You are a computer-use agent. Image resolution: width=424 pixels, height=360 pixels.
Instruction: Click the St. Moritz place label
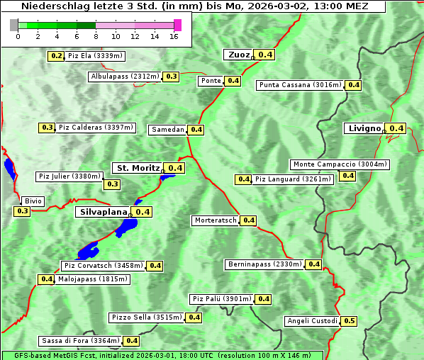[x=138, y=168]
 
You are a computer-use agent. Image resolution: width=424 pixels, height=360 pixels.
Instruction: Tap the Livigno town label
[x=364, y=128]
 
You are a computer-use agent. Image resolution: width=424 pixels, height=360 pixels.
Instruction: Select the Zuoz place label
[x=238, y=55]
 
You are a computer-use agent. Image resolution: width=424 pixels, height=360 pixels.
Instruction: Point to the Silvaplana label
[x=104, y=211]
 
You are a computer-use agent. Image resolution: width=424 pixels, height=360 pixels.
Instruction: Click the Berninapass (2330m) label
[x=264, y=264]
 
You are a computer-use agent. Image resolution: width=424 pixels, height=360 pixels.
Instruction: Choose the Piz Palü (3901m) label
[x=221, y=299]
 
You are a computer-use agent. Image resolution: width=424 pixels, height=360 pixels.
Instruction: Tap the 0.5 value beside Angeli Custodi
[x=349, y=321]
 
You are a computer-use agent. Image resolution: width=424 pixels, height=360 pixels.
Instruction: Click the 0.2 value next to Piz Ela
[x=56, y=56]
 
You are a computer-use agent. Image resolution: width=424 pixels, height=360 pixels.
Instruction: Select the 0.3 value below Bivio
[x=22, y=211]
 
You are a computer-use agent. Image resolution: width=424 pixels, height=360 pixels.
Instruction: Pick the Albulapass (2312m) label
[x=125, y=77]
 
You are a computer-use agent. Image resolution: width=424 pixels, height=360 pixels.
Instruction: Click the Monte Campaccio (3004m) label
[x=340, y=164]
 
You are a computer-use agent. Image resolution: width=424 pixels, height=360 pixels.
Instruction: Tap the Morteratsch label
[x=216, y=220]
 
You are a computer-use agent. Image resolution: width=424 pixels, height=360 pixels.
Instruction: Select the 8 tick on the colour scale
[x=96, y=36]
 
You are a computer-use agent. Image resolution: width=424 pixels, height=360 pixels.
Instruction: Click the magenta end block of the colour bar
[x=177, y=26]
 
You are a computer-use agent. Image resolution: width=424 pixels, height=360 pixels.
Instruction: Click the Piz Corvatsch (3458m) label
[x=103, y=266]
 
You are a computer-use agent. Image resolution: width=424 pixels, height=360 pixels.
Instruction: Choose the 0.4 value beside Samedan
[x=196, y=130]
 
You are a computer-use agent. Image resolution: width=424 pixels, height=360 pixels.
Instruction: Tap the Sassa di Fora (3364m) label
[x=79, y=341]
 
